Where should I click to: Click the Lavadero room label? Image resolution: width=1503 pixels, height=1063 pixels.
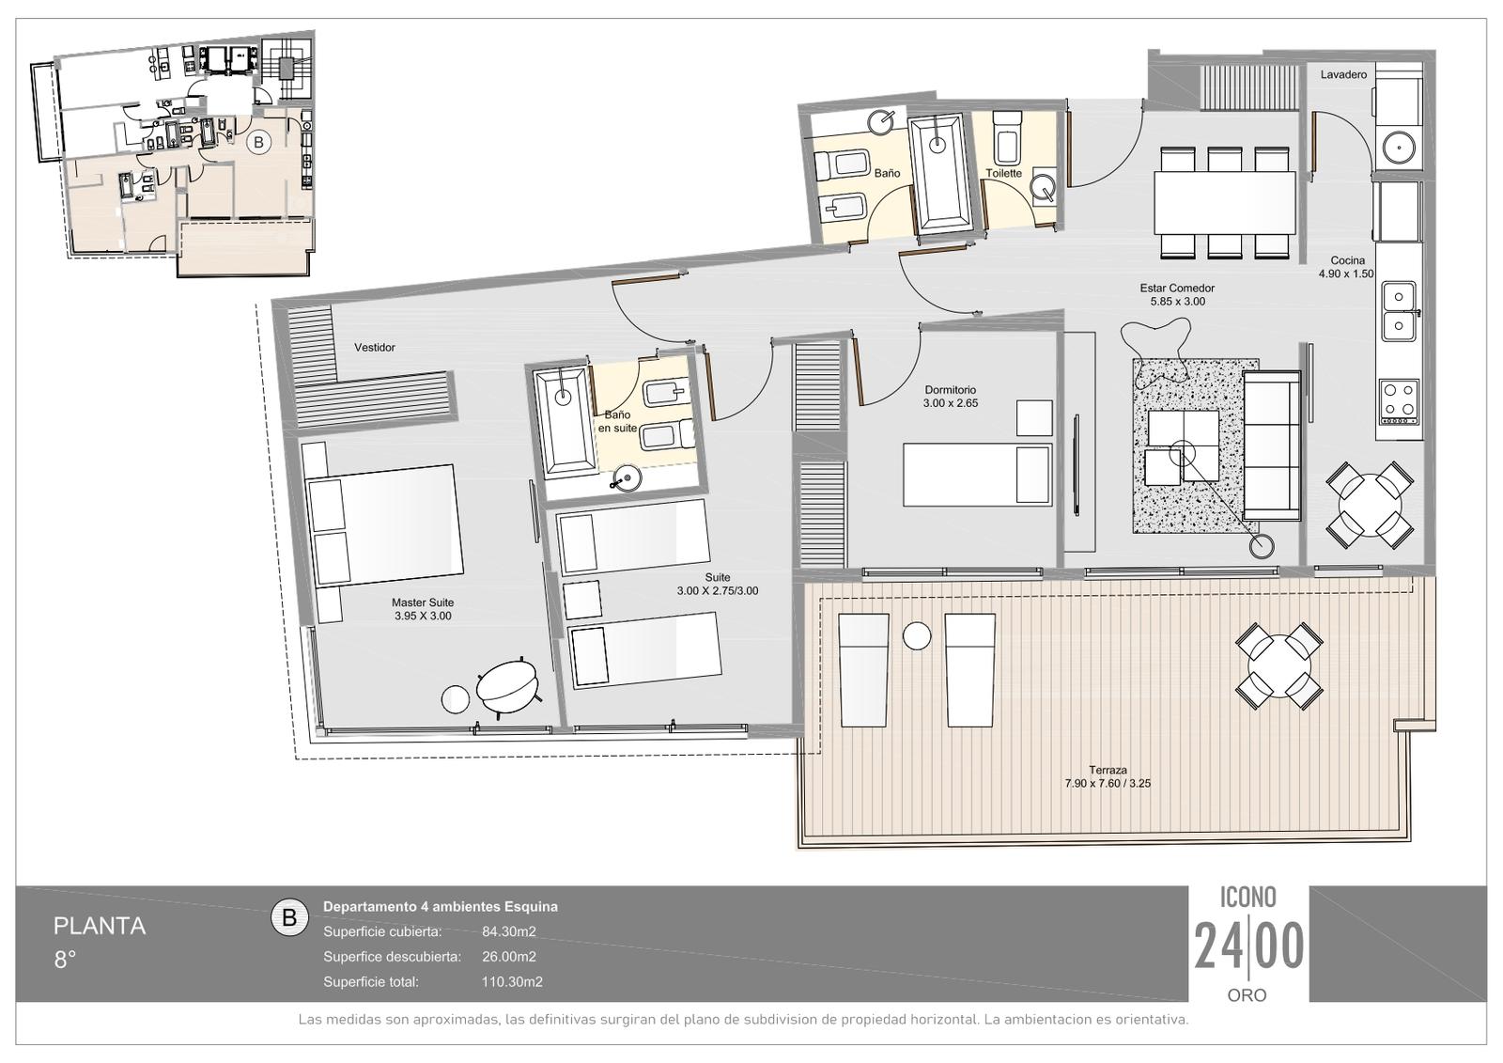(x=1343, y=74)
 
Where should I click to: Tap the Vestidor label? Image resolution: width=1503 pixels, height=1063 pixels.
(x=375, y=347)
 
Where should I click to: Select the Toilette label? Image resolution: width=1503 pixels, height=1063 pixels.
(x=1003, y=173)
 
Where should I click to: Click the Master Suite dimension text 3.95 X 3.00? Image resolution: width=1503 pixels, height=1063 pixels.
(x=423, y=616)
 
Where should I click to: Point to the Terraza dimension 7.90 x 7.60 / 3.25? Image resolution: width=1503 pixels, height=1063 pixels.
(x=1108, y=783)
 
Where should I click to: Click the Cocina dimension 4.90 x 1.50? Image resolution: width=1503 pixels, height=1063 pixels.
(x=1346, y=274)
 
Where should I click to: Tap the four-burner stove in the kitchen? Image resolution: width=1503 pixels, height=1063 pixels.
(x=1399, y=401)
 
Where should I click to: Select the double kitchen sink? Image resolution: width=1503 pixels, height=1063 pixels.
(x=1399, y=311)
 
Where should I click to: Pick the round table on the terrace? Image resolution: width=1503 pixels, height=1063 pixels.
(x=1278, y=666)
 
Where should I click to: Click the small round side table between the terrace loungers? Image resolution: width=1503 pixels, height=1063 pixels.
(x=917, y=636)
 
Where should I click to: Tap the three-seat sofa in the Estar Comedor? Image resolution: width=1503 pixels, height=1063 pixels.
(x=1272, y=446)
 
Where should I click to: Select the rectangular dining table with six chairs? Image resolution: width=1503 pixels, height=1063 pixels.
(x=1225, y=203)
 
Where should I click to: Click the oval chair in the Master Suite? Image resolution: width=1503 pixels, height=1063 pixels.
(x=506, y=687)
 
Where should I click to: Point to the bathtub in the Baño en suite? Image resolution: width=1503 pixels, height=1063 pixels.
(x=565, y=420)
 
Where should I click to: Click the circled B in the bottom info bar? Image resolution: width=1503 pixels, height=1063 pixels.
(x=290, y=917)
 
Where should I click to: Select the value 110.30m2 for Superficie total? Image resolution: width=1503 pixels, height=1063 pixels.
(x=512, y=982)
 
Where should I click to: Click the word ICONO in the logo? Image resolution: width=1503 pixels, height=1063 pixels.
(x=1248, y=898)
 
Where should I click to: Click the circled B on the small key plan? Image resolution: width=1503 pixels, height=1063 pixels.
(x=259, y=142)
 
